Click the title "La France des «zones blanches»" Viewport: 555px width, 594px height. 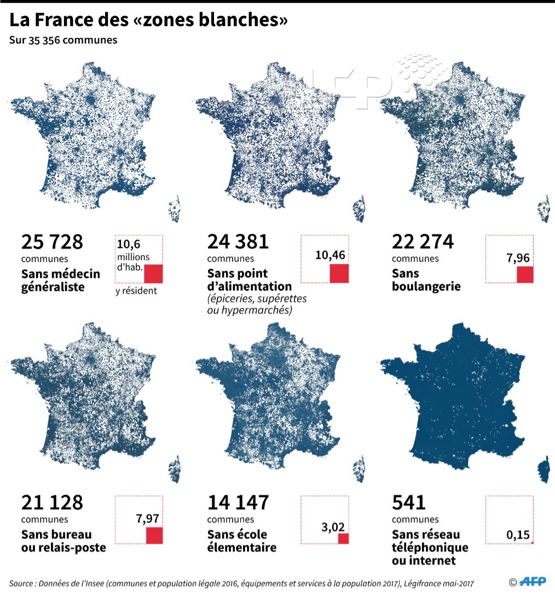[x=148, y=21]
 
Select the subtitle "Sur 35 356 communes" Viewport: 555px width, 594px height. [x=63, y=41]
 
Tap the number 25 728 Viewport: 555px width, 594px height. [x=52, y=241]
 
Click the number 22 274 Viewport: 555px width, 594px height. [x=423, y=241]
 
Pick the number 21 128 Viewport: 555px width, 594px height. [x=52, y=502]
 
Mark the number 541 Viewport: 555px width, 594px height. [x=409, y=502]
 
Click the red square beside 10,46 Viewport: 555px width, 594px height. [x=339, y=273]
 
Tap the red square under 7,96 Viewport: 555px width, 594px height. [x=525, y=274]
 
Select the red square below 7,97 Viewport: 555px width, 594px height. [x=154, y=535]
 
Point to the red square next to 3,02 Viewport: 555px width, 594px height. [x=343, y=539]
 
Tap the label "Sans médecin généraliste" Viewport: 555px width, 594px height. [x=61, y=280]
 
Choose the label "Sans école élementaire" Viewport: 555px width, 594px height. [x=241, y=540]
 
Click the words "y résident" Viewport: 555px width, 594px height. [x=136, y=291]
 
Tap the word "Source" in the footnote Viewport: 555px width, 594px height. [x=22, y=584]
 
